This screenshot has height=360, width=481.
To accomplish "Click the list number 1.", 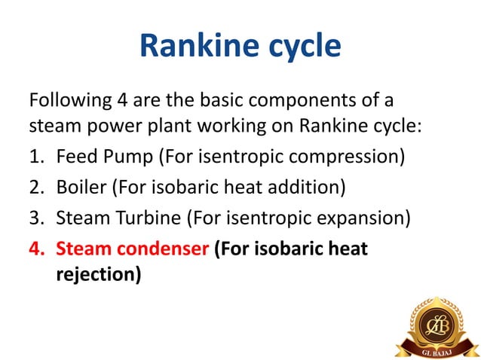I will tap(35, 158).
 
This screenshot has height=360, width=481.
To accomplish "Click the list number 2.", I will tap(35, 188).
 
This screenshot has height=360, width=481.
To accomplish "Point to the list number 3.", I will tap(35, 218).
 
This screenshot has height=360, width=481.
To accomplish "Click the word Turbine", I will tap(149, 218).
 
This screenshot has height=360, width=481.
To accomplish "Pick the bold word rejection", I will tap(98, 276).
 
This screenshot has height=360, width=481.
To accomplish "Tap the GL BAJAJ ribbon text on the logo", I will tap(437, 351).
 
